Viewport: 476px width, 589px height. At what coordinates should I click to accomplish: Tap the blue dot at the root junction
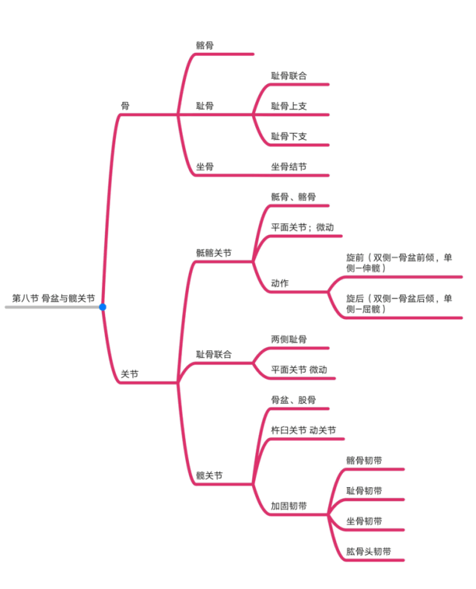[103, 307]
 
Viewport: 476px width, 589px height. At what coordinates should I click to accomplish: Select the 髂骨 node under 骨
[205, 45]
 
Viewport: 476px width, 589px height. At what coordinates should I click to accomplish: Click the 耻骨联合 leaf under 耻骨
[289, 76]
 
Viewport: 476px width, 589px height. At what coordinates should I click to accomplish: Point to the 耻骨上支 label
[289, 106]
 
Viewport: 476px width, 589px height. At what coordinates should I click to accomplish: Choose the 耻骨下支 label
[289, 136]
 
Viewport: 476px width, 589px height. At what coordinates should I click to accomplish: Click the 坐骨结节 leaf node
[289, 167]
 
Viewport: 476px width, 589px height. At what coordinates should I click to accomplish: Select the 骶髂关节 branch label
[213, 253]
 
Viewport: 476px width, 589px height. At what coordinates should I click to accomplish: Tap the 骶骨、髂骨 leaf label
[293, 197]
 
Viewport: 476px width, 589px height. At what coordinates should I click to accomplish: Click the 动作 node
[280, 283]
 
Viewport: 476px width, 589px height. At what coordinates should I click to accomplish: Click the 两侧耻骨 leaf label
[289, 339]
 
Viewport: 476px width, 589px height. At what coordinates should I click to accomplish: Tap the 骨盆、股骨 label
[293, 400]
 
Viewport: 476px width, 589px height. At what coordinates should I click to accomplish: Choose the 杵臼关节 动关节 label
[303, 431]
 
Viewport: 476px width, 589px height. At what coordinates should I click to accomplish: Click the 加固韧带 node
[289, 506]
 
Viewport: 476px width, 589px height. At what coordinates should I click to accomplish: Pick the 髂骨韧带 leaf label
[364, 461]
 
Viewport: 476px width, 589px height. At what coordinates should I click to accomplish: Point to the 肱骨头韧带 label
[369, 552]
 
